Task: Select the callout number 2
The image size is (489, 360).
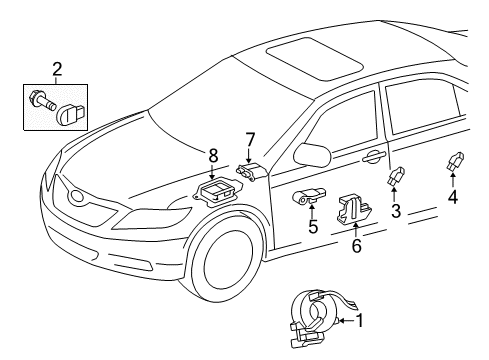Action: (57, 69)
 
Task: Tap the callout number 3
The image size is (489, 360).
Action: (396, 212)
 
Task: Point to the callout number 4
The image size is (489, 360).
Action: (454, 197)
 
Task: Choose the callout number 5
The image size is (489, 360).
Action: (313, 227)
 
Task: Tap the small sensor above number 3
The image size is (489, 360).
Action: (393, 176)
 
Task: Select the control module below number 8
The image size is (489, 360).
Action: (214, 192)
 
